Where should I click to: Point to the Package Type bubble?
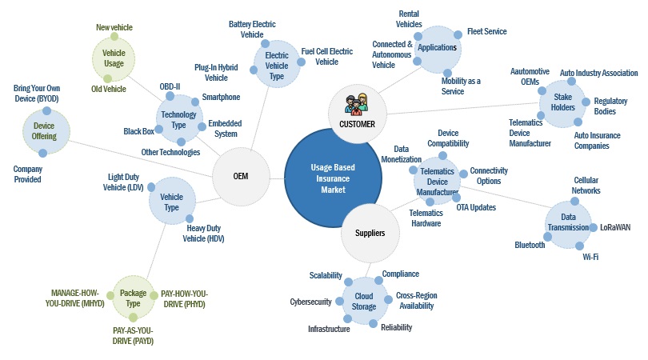click(133, 298)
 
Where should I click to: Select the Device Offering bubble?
click(45, 130)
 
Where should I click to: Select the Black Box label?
click(138, 131)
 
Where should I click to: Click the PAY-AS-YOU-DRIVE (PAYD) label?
click(133, 335)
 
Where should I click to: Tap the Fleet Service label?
click(486, 32)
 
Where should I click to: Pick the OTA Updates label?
click(476, 207)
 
